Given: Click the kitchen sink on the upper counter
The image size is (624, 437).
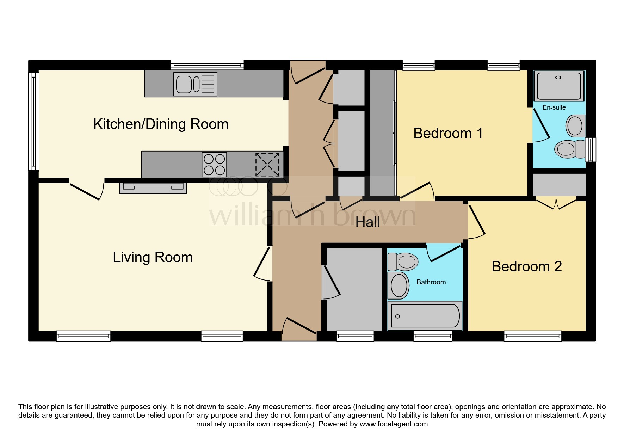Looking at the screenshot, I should pos(195,84).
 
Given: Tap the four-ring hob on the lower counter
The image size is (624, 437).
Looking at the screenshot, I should pos(214,165).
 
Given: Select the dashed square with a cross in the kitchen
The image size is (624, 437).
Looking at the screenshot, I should pos(267,164).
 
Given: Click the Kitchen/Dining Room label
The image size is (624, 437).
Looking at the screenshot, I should pos(161,124).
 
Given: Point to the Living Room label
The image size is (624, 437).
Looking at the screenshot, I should pos(153,257).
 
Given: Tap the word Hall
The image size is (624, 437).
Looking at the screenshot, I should pos(367,222).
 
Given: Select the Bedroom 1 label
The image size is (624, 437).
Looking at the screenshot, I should pos(448,133).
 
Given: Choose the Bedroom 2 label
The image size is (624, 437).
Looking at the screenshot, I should pos(526,266).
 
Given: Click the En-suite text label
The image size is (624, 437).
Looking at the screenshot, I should pos(554,107).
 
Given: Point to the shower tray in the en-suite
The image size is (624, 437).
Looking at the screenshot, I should pos(558,86).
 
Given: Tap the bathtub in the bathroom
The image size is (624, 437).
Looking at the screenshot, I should pos(425,316).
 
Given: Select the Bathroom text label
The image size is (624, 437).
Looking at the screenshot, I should pos(431,282).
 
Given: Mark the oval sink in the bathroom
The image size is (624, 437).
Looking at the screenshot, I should pos(399,285).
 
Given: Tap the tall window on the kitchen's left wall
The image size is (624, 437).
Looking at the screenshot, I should pos(33,120).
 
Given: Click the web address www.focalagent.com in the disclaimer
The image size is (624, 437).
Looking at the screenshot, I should pos(393,424).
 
